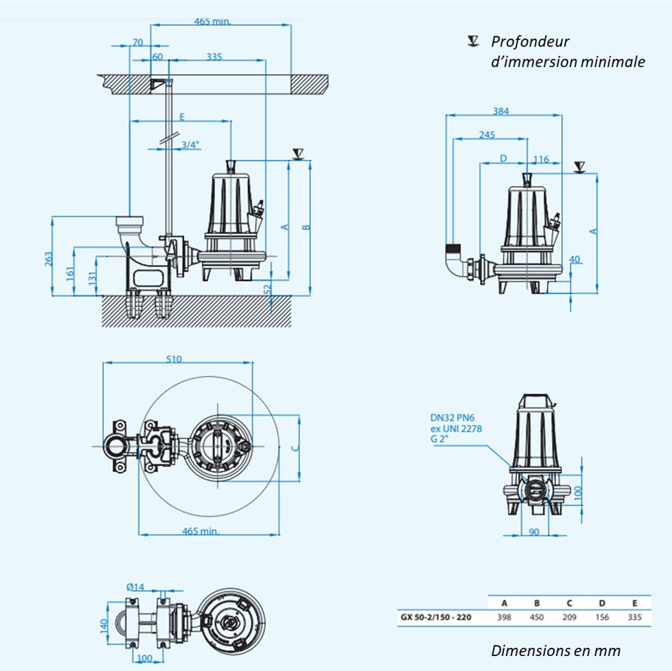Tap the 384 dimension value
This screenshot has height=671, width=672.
click(501, 111)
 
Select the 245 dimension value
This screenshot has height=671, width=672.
click(487, 134)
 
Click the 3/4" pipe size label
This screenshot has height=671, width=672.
click(191, 144)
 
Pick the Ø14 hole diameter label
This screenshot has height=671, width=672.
click(136, 586)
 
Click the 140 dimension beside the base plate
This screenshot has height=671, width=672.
click(104, 625)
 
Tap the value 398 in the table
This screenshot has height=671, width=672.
click(504, 617)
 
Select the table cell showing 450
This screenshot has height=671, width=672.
click(537, 617)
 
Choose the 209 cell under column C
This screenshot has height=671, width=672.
click(569, 617)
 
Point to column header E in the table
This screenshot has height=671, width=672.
click(634, 603)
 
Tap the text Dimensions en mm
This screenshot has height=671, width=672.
click(556, 651)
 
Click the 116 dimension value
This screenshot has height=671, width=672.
click(542, 159)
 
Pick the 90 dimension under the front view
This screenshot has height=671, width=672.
click(534, 532)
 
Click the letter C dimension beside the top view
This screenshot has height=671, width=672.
click(294, 448)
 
